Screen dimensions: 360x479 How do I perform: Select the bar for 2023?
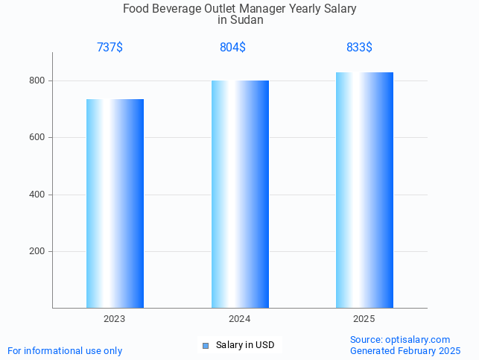tap(115, 203)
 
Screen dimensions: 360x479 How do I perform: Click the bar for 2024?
tap(240, 194)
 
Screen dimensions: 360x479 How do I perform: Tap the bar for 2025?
tap(364, 190)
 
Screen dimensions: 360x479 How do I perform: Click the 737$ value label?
tap(110, 48)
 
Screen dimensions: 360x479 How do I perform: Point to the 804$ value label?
tap(232, 48)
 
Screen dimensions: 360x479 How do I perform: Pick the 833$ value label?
tap(359, 48)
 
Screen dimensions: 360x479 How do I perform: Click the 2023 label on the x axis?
tap(114, 319)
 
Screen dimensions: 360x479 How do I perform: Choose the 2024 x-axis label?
tap(239, 319)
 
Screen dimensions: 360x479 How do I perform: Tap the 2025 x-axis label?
tap(364, 319)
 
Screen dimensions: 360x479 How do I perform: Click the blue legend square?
tap(206, 345)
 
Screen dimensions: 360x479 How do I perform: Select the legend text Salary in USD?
tap(245, 345)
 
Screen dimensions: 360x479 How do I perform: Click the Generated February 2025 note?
tap(405, 351)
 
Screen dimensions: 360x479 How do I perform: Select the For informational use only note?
tap(65, 351)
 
